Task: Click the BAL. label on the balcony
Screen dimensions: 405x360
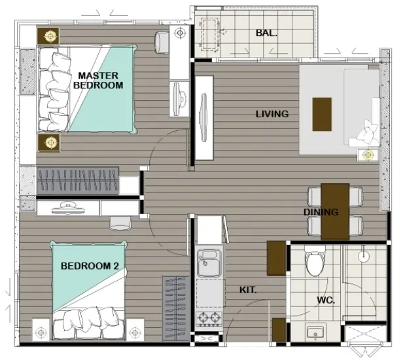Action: [266, 33]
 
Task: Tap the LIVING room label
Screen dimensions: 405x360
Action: [272, 114]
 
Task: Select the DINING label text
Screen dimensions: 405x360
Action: [321, 212]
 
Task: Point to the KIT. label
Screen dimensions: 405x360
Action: [248, 290]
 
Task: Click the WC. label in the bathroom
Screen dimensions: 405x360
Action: [326, 300]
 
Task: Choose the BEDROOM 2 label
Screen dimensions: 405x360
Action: [90, 266]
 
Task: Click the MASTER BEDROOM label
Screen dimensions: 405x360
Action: [98, 81]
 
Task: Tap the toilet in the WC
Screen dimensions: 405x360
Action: [315, 261]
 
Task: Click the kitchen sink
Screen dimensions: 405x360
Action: [209, 263]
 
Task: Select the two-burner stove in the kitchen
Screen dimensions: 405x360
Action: [209, 319]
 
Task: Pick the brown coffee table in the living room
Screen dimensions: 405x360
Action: [322, 115]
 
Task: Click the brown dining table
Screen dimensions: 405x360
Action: [335, 211]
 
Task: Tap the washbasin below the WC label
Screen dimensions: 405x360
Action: [315, 333]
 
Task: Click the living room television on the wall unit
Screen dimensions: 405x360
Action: [204, 118]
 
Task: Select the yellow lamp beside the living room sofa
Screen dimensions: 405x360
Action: [368, 155]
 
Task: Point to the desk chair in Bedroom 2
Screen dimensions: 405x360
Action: [120, 223]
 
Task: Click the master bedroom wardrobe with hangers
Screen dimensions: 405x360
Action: [78, 181]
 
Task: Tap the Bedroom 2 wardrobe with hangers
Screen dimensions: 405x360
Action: [176, 308]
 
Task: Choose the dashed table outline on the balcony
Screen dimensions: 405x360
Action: [210, 34]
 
